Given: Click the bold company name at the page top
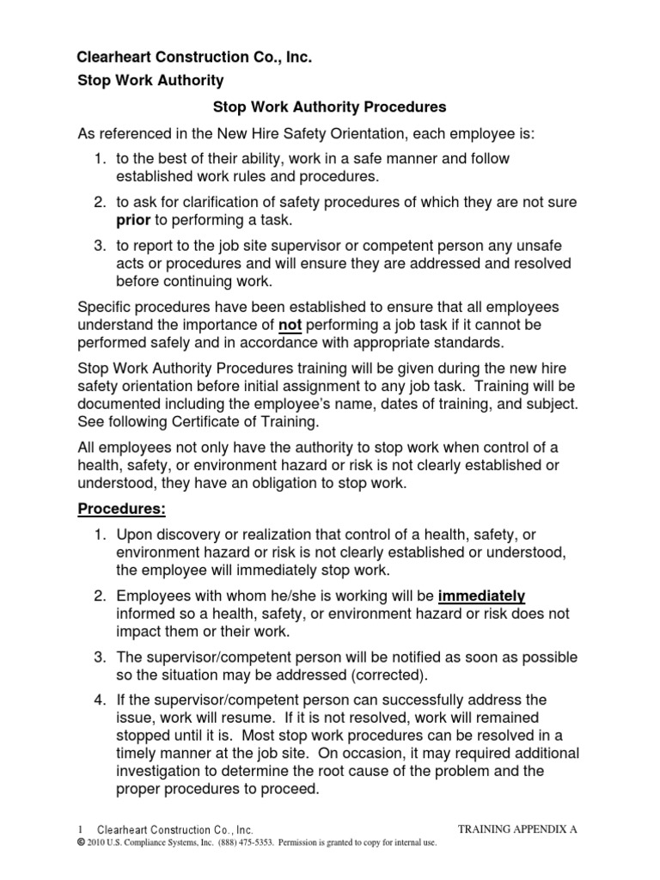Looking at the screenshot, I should pos(194,58).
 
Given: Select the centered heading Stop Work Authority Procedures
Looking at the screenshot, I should pos(329,108).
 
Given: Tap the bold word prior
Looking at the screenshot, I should pos(134,219).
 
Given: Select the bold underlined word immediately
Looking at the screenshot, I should pos(481,596).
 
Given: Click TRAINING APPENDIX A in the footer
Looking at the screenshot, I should pos(517,829).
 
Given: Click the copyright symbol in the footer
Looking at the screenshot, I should pos(80,843).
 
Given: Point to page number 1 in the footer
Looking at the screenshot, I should pos(80,830).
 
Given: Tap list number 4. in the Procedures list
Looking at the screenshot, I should pos(100,700).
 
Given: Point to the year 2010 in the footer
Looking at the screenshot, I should pos(97,843).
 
